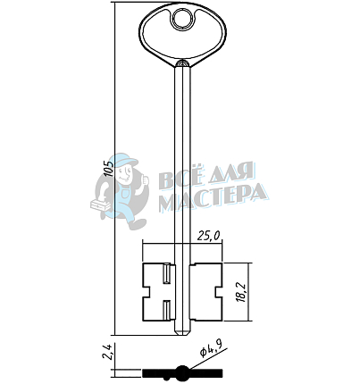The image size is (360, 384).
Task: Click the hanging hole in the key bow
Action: [182, 19]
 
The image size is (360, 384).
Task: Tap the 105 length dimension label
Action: [109, 169]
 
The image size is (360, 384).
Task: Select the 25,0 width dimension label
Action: [209, 236]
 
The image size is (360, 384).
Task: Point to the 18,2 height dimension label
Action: [241, 293]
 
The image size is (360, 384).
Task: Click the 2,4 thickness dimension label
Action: [108, 352]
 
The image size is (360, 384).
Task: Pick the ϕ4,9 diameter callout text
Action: [211, 349]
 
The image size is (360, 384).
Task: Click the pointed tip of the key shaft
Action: [182, 335]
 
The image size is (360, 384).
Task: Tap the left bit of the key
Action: [158, 292]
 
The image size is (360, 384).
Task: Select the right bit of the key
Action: [206, 292]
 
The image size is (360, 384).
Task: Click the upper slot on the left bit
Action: [166, 274]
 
